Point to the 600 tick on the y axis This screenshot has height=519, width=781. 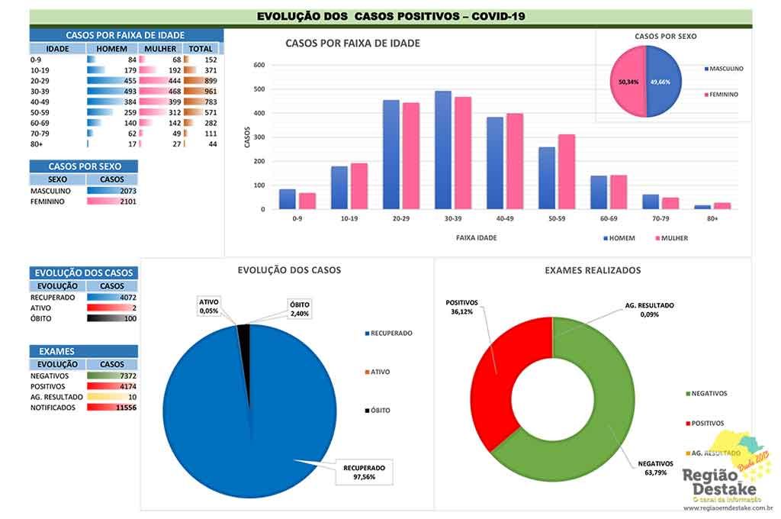coord(259,66)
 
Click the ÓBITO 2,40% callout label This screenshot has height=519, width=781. coord(298,308)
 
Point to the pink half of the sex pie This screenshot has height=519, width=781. coord(627,82)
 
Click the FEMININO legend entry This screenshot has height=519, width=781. coord(724,95)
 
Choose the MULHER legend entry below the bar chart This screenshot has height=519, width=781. coord(672,238)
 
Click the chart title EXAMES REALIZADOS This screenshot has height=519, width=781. coord(593,270)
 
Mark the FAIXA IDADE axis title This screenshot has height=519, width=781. coord(477,238)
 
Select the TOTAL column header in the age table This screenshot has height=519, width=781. coord(201,49)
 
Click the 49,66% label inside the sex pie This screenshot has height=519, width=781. coord(660,82)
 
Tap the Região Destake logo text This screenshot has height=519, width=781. coord(719,481)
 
